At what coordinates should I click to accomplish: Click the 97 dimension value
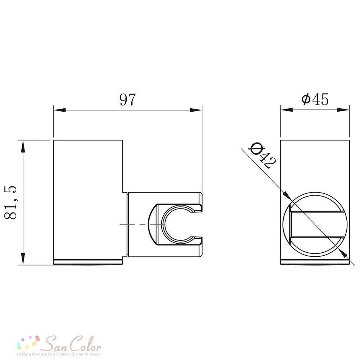[x=128, y=99]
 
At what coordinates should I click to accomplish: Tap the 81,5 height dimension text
[x=11, y=202]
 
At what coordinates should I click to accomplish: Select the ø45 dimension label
[x=315, y=99]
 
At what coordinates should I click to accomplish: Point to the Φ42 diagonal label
[x=263, y=155]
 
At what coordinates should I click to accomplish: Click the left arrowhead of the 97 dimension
[x=59, y=110]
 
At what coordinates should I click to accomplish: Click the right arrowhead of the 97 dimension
[x=196, y=110]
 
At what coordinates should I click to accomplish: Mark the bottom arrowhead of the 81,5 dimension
[x=23, y=259]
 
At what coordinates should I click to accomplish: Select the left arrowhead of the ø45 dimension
[x=286, y=110]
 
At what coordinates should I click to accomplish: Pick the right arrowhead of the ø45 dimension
[x=343, y=110]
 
